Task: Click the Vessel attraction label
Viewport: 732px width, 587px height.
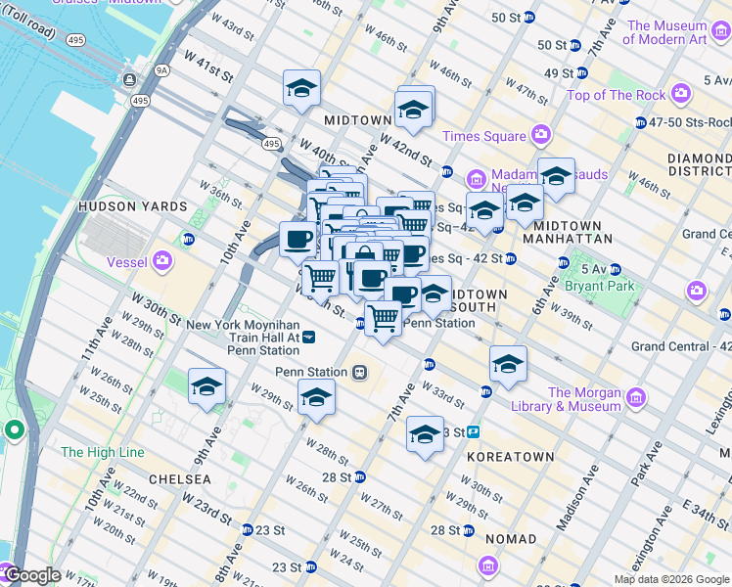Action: coord(127,262)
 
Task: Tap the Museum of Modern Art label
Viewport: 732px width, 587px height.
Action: coord(664,32)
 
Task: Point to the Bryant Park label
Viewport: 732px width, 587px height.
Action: coord(607,287)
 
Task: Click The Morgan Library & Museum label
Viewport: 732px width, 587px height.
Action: coord(584,399)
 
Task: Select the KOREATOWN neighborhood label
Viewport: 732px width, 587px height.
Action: coord(504,456)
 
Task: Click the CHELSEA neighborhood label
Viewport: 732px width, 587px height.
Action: coord(179,479)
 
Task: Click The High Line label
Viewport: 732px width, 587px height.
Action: coord(102,452)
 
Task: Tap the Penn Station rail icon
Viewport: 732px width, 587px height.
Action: coord(360,372)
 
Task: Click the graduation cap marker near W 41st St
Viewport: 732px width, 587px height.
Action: coord(301,89)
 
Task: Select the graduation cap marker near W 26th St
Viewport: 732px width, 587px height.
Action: coord(206,386)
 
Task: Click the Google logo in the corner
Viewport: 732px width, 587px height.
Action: coord(33,575)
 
